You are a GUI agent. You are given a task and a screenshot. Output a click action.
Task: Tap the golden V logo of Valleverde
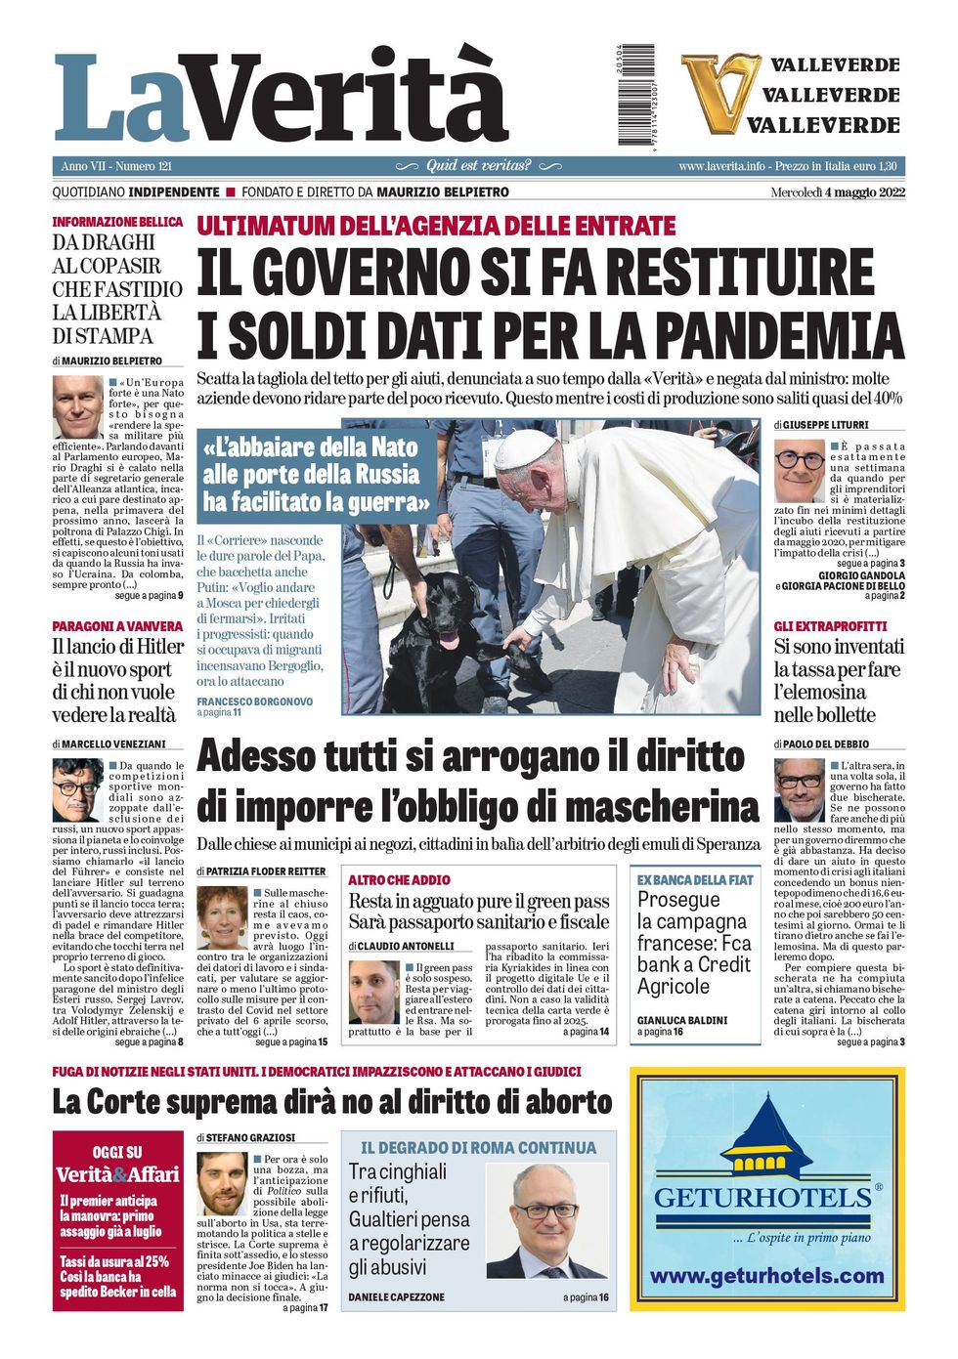(x=720, y=93)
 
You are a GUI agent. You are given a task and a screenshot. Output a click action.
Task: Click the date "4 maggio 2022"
(x=864, y=192)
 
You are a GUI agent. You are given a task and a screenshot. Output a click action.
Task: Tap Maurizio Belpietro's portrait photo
(x=77, y=406)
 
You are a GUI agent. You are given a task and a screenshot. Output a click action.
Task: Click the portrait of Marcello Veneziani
(x=77, y=789)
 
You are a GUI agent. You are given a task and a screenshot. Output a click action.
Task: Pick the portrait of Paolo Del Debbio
(x=799, y=789)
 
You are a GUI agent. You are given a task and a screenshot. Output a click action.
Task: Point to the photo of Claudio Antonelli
(x=373, y=992)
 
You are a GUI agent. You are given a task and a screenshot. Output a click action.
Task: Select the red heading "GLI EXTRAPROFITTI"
(x=830, y=626)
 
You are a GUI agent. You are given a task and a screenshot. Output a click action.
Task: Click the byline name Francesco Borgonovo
(x=254, y=701)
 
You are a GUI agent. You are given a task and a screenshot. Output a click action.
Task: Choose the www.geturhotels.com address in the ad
(x=766, y=1276)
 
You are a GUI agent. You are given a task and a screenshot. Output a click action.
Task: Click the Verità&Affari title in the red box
(x=117, y=1174)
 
